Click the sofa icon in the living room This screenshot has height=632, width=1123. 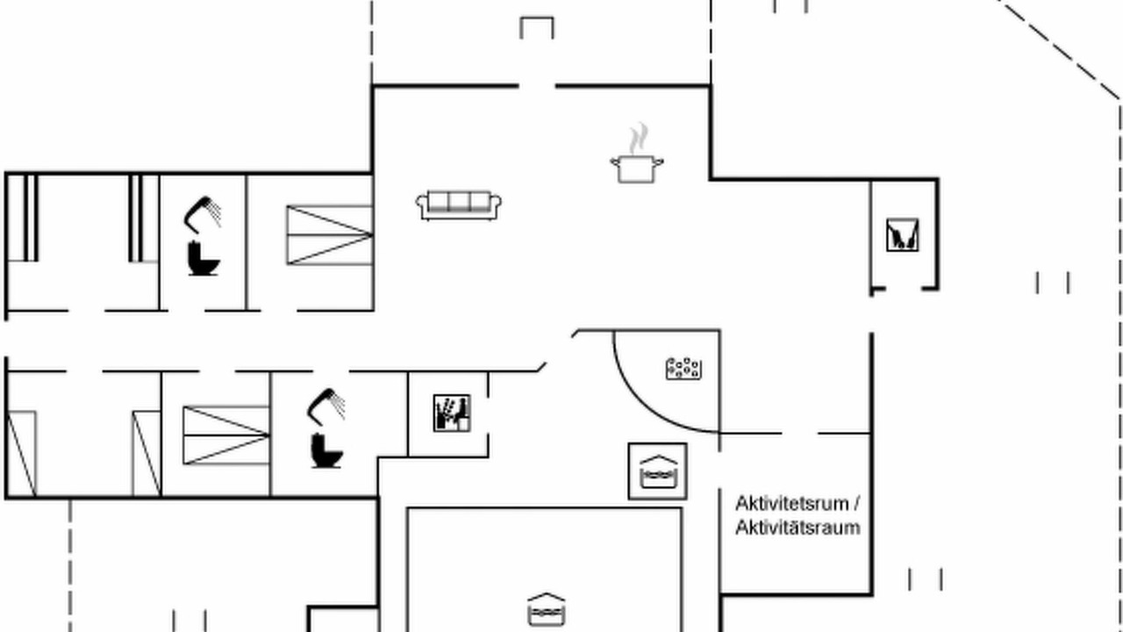[458, 205]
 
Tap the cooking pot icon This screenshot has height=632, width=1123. [637, 169]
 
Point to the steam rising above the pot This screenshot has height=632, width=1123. [638, 139]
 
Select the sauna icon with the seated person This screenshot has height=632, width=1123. [452, 413]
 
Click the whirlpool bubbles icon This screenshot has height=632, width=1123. [683, 368]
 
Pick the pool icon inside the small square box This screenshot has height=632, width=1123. [658, 472]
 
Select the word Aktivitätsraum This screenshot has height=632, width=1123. [798, 528]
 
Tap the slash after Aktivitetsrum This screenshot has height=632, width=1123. [856, 504]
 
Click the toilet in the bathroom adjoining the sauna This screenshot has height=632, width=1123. [327, 450]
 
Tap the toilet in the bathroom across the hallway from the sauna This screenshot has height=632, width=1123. [204, 258]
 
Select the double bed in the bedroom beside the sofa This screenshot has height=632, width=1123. [330, 234]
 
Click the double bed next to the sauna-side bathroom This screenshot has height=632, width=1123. [226, 435]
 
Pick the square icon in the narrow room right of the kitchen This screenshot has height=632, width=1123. [903, 234]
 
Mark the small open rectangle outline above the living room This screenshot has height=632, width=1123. [537, 27]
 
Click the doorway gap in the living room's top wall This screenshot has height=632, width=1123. [537, 86]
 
